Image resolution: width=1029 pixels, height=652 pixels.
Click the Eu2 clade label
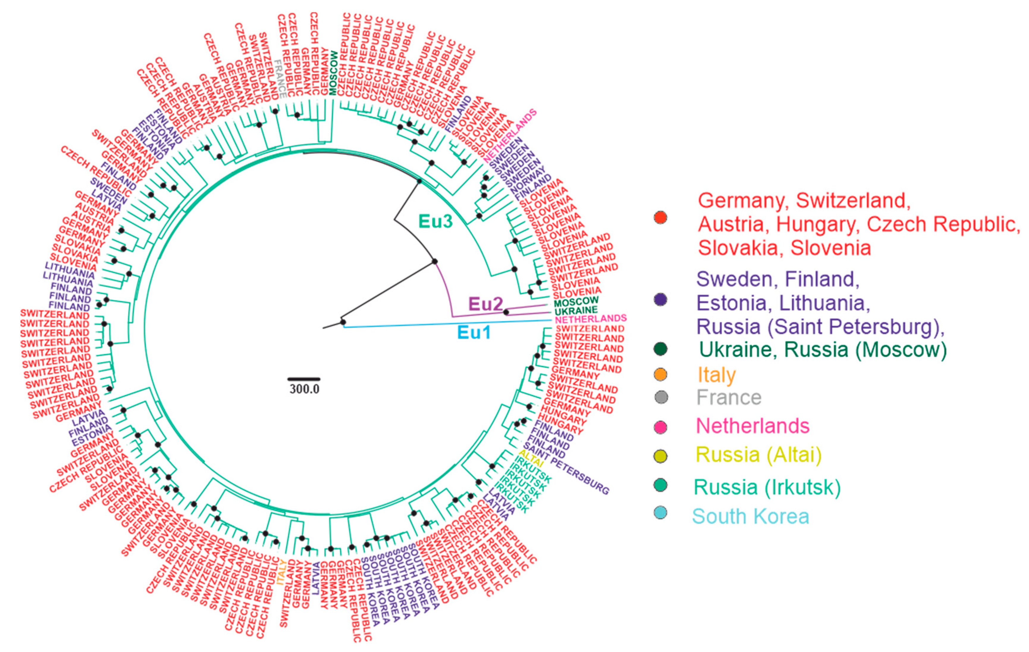pos(486,304)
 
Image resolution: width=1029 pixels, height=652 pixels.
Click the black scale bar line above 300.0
pos(304,379)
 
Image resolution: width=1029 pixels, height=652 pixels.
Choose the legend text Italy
pos(717,375)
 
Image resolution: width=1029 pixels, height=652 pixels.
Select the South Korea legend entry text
pos(750,517)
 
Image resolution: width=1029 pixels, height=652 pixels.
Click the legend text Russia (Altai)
pos(758,454)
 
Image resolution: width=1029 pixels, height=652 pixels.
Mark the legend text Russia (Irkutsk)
pos(767,487)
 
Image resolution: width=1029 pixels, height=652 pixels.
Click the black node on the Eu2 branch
pos(506,312)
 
